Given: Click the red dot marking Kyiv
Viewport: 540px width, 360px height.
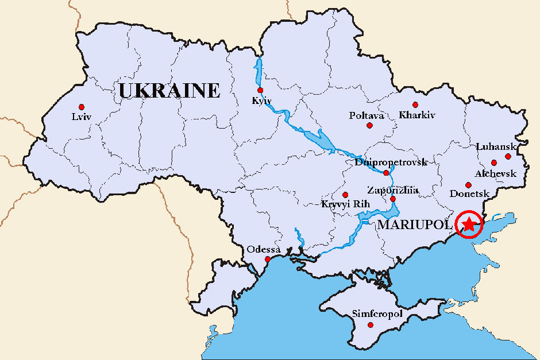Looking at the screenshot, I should (260, 90).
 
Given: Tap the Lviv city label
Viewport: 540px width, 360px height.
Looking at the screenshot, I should (82, 117).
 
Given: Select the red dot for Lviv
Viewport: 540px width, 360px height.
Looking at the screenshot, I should (82, 107).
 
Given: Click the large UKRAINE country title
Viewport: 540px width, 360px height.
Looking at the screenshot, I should (169, 91).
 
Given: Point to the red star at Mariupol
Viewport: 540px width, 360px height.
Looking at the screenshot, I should (469, 224).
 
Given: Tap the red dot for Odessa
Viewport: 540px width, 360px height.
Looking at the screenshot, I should (267, 260).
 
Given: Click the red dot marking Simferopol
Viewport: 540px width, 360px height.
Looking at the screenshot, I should (369, 325).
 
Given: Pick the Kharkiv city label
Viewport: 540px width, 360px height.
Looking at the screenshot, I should (417, 115).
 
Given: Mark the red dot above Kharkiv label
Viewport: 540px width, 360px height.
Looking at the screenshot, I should (415, 104).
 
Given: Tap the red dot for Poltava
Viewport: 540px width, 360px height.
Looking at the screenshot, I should (369, 125).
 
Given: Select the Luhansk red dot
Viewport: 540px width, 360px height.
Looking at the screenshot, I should (508, 156).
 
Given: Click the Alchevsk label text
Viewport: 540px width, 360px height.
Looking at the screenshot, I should (492, 173).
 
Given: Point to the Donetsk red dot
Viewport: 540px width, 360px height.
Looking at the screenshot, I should (469, 185).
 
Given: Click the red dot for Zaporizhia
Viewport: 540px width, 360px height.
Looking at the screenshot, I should (393, 199).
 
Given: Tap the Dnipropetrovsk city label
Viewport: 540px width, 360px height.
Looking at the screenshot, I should (391, 162).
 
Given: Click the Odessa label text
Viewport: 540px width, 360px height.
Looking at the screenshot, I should (264, 250).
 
